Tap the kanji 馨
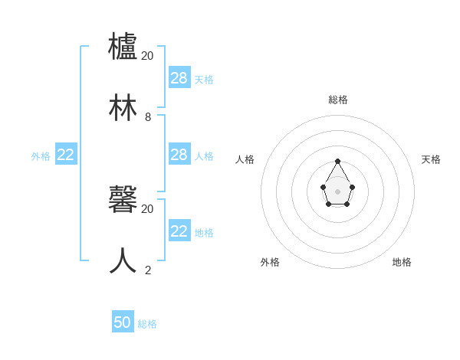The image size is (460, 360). (123, 199)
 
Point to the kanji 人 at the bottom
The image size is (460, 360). (123, 260)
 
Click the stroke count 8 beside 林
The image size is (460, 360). (148, 117)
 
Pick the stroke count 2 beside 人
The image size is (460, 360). (148, 270)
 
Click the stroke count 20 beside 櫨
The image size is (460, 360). (147, 56)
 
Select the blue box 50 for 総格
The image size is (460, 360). (123, 322)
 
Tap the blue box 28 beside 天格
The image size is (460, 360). (179, 77)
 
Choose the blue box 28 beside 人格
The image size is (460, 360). (179, 155)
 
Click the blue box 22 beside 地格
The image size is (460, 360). (179, 231)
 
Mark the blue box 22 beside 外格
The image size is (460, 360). (66, 155)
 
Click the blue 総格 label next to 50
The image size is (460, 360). (147, 324)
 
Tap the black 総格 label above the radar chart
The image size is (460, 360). (338, 100)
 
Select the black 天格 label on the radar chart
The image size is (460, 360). (431, 159)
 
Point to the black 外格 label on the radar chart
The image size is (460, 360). (270, 262)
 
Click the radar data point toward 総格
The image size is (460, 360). (338, 160)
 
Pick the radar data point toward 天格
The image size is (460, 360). (352, 187)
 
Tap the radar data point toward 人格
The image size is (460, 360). (324, 187)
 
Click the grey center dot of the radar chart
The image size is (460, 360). (338, 191)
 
